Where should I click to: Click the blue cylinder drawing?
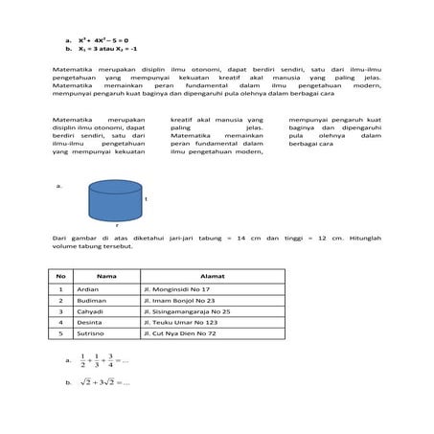tap(114, 200)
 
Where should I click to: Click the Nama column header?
tap(99, 276)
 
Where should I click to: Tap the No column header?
tap(60, 276)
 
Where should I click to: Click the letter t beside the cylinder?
tap(145, 199)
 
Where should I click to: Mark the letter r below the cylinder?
tap(116, 225)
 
